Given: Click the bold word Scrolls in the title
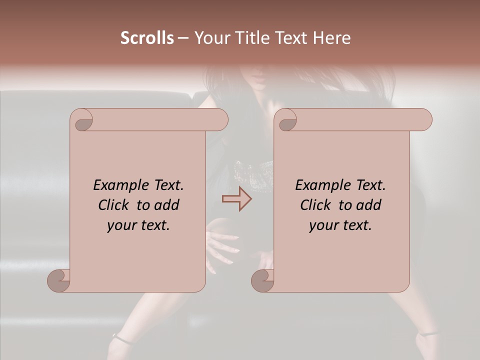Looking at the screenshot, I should coord(147,37).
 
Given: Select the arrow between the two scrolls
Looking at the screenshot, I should coord(236,198).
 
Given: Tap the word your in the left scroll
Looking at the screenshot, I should coord(120,225).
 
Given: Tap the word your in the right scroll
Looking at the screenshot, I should coord(322,225).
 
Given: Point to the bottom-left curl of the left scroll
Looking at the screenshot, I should coord(58,280).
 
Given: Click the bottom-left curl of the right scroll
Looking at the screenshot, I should coord(262,280).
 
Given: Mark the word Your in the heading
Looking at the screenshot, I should coord(210,37).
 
